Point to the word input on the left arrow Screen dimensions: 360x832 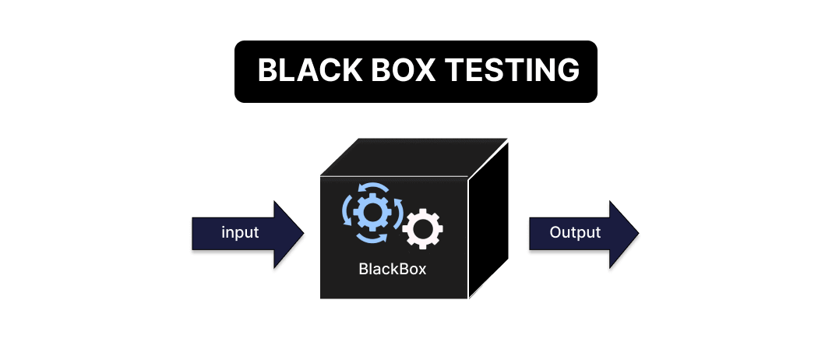click(x=239, y=233)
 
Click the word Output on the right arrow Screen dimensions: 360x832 click(x=575, y=232)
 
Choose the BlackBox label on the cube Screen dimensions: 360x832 click(x=393, y=270)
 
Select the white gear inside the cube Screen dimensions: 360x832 click(x=423, y=228)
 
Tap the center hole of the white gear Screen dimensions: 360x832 click(x=423, y=228)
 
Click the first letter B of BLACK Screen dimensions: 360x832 click(x=266, y=71)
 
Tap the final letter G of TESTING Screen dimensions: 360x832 click(x=568, y=71)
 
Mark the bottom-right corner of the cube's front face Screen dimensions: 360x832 click(x=467, y=298)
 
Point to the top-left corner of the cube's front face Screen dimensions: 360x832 click(x=321, y=177)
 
